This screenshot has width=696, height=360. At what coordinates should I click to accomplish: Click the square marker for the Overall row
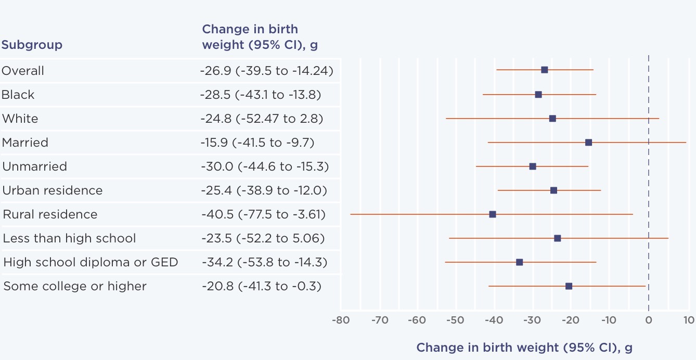click(x=544, y=70)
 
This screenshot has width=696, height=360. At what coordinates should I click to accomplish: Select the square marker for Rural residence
click(x=492, y=214)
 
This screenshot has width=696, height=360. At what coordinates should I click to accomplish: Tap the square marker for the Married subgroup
click(x=588, y=143)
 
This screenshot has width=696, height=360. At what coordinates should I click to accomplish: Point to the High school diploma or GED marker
click(x=519, y=262)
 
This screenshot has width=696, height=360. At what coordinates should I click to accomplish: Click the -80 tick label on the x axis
click(x=340, y=319)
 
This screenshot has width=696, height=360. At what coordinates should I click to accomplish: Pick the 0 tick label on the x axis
click(x=648, y=319)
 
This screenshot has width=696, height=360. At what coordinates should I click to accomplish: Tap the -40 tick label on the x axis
click(x=494, y=319)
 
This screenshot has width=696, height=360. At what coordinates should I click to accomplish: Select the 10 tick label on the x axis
click(x=688, y=319)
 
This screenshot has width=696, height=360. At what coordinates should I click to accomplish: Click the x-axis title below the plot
click(x=524, y=348)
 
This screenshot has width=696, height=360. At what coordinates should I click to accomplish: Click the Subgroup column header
click(x=32, y=45)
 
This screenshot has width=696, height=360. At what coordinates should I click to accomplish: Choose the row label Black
click(x=18, y=95)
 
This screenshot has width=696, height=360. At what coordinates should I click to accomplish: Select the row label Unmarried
click(x=35, y=166)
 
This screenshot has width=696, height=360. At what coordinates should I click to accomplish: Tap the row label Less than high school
click(x=69, y=238)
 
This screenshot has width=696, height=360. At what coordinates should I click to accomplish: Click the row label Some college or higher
click(x=75, y=286)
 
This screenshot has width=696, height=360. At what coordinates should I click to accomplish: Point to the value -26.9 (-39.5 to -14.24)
click(x=266, y=71)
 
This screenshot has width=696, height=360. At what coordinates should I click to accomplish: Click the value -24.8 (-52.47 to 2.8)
click(x=262, y=119)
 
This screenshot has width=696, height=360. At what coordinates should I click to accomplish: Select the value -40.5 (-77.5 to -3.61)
click(x=263, y=214)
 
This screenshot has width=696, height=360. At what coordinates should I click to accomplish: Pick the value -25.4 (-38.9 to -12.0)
click(x=263, y=190)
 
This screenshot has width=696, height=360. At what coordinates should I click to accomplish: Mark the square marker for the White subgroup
click(x=552, y=119)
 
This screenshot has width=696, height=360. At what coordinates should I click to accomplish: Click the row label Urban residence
click(x=53, y=190)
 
